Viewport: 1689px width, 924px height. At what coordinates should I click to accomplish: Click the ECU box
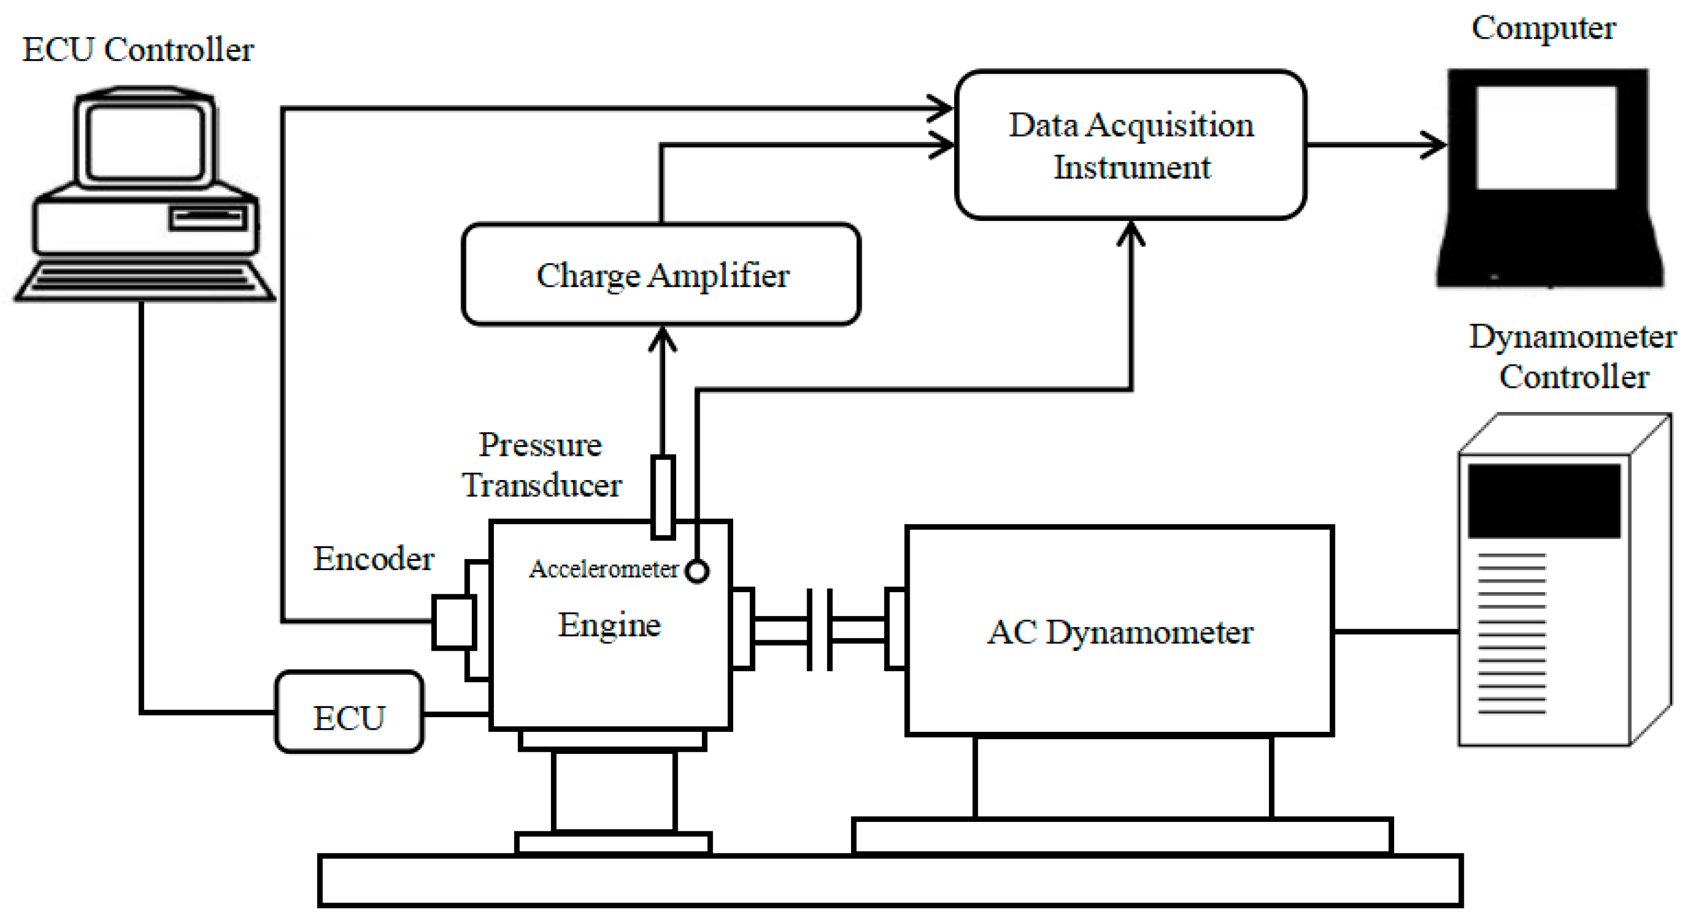349,713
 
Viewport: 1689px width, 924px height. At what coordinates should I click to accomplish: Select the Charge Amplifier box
661,274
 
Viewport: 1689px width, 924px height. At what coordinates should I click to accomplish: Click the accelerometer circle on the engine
697,571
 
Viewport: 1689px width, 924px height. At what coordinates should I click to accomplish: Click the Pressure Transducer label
541,465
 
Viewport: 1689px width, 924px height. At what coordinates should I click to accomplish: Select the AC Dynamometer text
1120,632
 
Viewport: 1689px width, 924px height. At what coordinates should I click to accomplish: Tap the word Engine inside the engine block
609,625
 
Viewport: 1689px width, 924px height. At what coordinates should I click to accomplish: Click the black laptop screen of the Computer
1546,138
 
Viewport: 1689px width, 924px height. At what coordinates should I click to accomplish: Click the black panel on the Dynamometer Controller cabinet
1543,502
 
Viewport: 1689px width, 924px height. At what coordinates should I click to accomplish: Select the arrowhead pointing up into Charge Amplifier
662,338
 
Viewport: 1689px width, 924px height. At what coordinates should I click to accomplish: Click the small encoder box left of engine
453,622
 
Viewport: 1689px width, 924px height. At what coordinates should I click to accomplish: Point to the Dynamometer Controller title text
1572,357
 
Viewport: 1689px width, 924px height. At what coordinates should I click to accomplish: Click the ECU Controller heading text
138,50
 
